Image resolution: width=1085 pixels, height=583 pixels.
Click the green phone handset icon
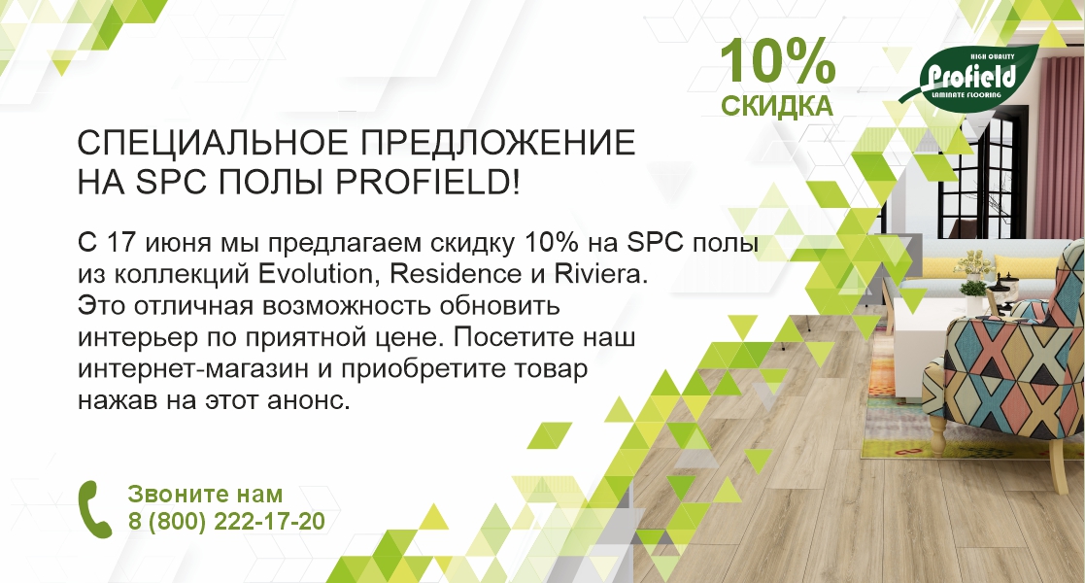(94, 509)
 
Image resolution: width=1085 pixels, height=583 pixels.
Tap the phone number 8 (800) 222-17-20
(226, 522)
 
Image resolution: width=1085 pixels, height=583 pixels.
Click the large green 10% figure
(778, 63)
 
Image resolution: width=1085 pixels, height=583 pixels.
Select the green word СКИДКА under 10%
(777, 106)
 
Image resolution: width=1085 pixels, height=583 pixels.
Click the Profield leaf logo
(969, 75)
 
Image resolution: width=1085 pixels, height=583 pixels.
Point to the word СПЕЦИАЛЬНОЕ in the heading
(213, 143)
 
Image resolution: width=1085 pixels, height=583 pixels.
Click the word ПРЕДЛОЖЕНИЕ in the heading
(498, 143)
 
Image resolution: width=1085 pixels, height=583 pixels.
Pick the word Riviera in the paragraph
(600, 273)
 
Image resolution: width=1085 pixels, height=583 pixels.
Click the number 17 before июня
(117, 243)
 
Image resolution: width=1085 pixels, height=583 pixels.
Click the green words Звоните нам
(206, 494)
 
